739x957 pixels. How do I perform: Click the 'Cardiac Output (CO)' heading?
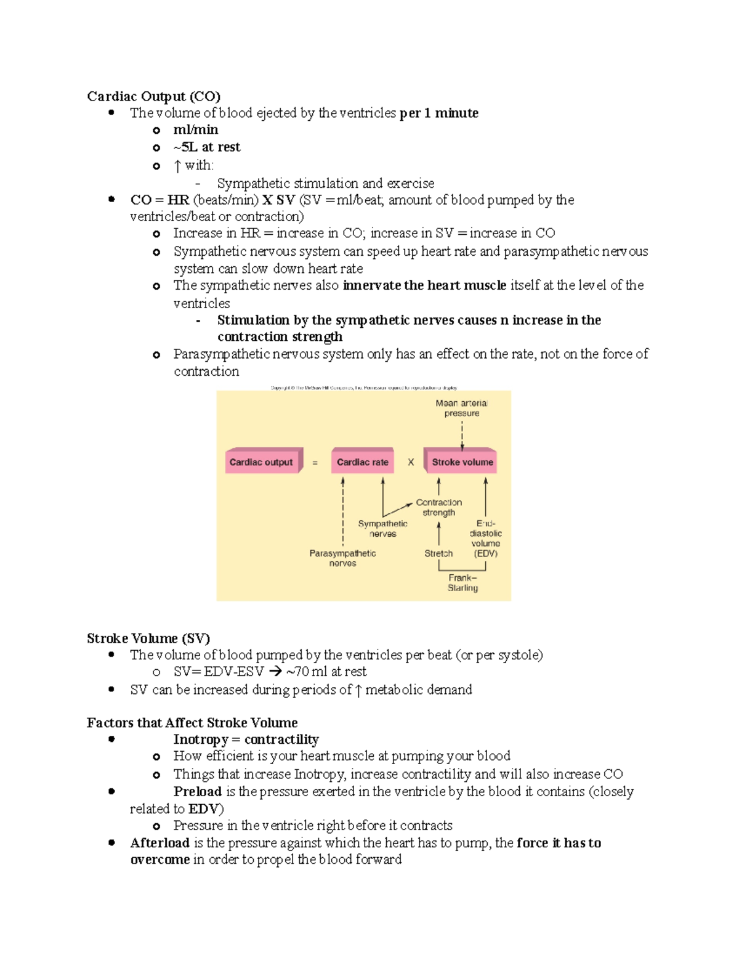click(x=153, y=96)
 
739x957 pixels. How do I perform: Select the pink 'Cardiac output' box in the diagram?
click(x=262, y=462)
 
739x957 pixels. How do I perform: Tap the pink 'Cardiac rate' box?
click(x=362, y=462)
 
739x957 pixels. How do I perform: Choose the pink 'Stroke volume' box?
click(x=462, y=462)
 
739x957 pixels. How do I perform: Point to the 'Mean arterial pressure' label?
click(x=462, y=408)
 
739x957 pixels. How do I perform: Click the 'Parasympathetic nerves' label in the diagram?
click(x=342, y=558)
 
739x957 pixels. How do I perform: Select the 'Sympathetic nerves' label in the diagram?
click(x=382, y=529)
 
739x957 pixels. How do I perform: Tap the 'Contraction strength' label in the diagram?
click(x=438, y=507)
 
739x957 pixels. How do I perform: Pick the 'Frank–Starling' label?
click(x=462, y=582)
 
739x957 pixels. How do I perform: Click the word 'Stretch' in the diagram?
click(x=438, y=553)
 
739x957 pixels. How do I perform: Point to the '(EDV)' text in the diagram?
click(x=486, y=553)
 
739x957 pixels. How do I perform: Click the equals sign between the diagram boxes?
click(x=315, y=463)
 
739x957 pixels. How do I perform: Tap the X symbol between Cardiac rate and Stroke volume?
click(x=411, y=462)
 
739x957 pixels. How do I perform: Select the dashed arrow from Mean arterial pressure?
click(x=462, y=435)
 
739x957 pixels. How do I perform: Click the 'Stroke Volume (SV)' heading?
click(x=148, y=638)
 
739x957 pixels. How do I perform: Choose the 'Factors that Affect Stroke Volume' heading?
click(x=192, y=723)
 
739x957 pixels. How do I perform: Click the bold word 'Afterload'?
click(x=160, y=843)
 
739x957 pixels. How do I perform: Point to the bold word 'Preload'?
click(x=197, y=791)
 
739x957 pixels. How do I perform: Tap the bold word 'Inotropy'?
click(x=201, y=739)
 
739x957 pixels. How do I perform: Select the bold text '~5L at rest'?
click(x=207, y=147)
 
